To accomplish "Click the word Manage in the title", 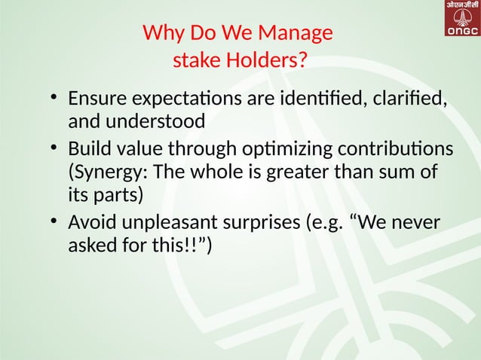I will tap(294, 34).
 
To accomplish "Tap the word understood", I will tap(156, 121).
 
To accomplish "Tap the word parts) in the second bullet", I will tap(120, 195).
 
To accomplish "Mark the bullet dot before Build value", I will tap(54, 148).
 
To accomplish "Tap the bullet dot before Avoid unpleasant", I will tap(54, 223).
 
